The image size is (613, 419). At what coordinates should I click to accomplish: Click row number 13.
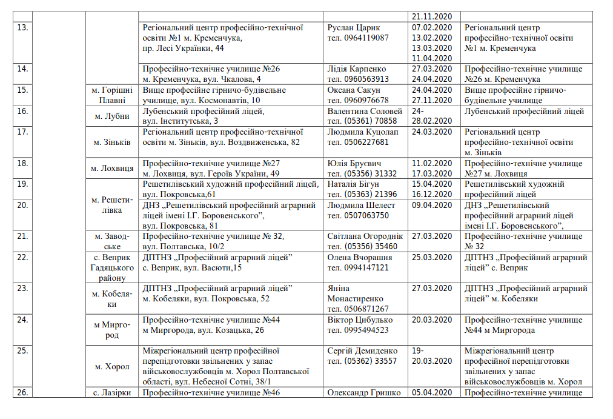click(x=23, y=28)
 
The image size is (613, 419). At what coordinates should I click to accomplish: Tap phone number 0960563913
click(x=358, y=79)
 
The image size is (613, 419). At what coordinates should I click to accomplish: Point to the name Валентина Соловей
click(x=365, y=111)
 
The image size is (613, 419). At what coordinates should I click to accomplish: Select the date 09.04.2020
click(x=431, y=205)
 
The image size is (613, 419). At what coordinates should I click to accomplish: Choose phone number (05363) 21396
click(x=362, y=194)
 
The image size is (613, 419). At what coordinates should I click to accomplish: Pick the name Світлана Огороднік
click(x=365, y=236)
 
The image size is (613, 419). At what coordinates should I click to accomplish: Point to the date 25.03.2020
click(x=431, y=257)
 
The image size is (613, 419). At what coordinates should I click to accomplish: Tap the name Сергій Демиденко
click(x=362, y=350)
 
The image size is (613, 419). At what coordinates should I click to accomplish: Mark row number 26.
click(x=23, y=392)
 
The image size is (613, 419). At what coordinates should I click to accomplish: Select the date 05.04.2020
click(x=431, y=392)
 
